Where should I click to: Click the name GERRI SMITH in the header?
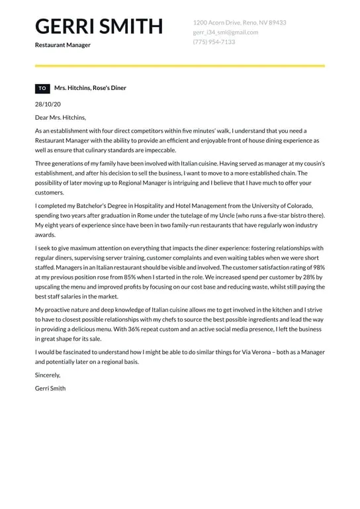99,26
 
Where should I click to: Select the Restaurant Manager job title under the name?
63,45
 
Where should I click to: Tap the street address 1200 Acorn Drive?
240,23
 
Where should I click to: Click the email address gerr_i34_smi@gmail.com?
225,32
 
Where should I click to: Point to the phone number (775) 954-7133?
214,42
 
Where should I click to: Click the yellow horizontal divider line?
179,66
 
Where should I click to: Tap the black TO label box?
42,88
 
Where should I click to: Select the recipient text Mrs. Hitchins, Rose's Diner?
90,88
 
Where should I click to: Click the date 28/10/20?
48,104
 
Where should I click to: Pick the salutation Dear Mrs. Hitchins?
60,117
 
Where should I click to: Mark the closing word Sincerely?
51,375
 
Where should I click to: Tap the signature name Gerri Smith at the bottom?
50,388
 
